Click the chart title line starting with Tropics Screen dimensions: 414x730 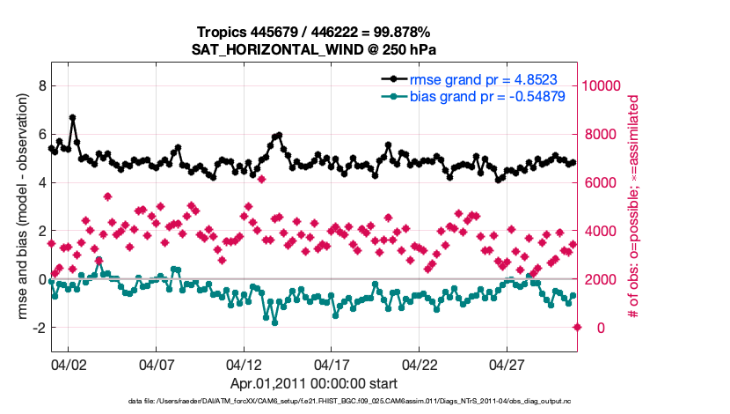pyautogui.click(x=314, y=33)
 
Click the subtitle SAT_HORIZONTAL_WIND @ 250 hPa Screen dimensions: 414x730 pyautogui.click(x=314, y=50)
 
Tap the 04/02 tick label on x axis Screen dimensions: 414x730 pyautogui.click(x=68, y=364)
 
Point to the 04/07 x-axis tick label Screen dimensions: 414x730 pyautogui.click(x=156, y=364)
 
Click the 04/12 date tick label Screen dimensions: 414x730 pyautogui.click(x=244, y=364)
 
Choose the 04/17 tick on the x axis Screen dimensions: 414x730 pyautogui.click(x=332, y=364)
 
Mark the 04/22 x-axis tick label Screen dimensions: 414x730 pyautogui.click(x=420, y=364)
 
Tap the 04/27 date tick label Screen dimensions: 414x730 pyautogui.click(x=507, y=364)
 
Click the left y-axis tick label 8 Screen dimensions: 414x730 pyautogui.click(x=40, y=85)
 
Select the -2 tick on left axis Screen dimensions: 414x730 pyautogui.click(x=37, y=328)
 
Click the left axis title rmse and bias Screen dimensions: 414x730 pyautogui.click(x=17, y=207)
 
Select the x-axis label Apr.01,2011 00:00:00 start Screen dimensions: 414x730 pyautogui.click(x=314, y=383)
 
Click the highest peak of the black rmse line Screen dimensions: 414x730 pyautogui.click(x=72, y=117)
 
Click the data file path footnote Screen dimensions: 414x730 pyautogui.click(x=314, y=402)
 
